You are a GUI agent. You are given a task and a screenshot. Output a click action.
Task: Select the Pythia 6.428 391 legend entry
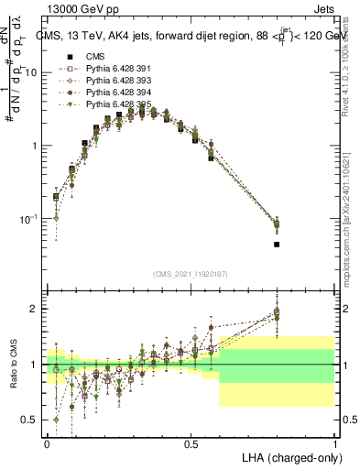pyautogui.click(x=106, y=69)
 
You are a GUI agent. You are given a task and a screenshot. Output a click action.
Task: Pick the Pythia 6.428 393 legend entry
pyautogui.click(x=106, y=81)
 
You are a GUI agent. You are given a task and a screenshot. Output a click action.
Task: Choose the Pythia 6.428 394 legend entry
pyautogui.click(x=106, y=93)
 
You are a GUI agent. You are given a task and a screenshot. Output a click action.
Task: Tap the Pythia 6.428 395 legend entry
pyautogui.click(x=106, y=104)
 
